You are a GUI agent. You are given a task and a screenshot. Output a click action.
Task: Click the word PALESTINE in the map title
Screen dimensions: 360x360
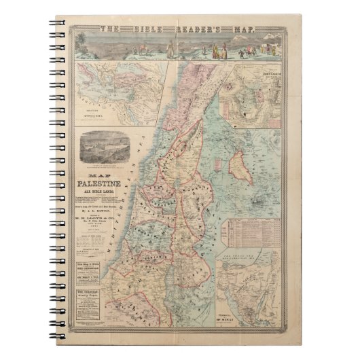(104, 182)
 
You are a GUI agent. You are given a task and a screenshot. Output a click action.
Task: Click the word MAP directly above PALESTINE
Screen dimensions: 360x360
(104, 173)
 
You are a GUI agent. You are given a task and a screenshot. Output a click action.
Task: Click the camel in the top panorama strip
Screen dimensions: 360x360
(139, 50)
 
